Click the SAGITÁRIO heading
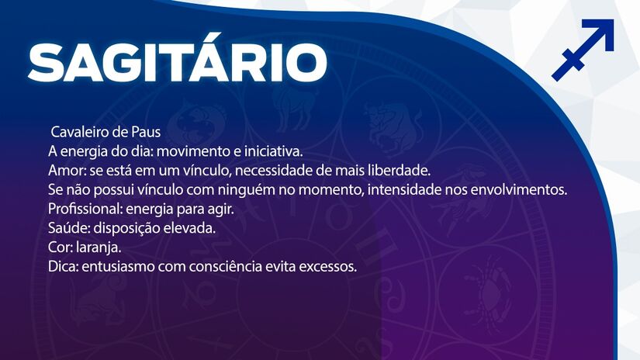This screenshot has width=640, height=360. (177, 61)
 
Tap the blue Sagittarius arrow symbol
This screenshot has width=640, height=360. (583, 50)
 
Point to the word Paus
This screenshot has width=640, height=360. (143, 132)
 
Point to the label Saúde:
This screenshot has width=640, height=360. (66, 229)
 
